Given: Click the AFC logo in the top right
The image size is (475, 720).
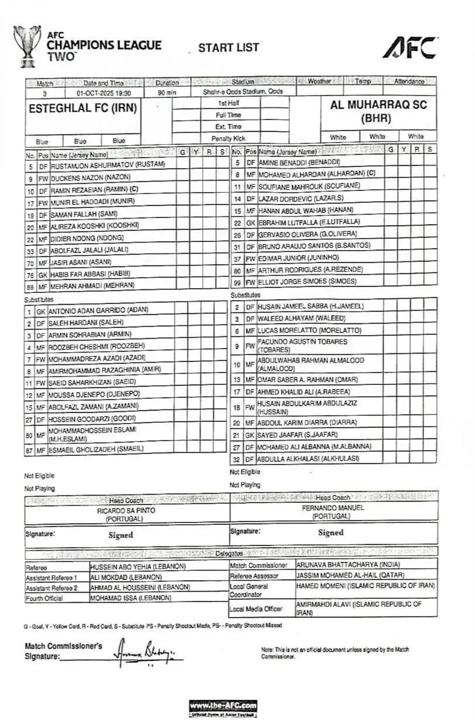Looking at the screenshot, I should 410,47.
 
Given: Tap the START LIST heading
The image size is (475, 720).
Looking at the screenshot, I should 228,47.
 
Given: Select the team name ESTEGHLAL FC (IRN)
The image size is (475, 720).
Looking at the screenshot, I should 83,108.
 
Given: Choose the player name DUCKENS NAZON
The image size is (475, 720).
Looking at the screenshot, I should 91,176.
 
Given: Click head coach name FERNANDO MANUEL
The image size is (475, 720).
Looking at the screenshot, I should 333,507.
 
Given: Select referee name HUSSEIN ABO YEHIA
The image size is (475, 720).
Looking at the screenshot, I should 138,567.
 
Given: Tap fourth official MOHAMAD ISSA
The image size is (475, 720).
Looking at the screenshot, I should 131,598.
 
